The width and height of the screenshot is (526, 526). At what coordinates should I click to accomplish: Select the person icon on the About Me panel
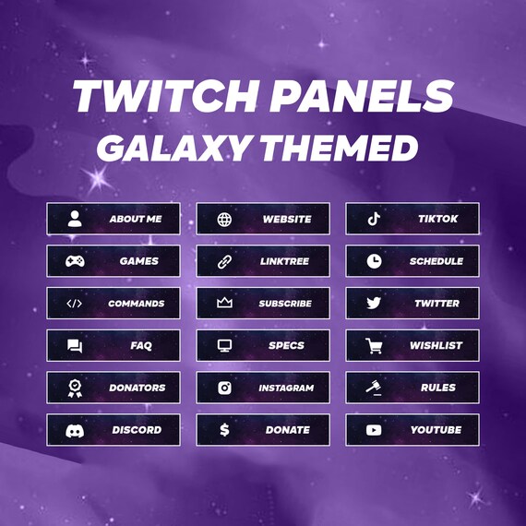point(75,219)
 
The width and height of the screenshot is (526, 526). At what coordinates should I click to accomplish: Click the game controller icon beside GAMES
point(75,261)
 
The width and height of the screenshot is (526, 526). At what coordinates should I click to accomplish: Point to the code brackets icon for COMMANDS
point(75,304)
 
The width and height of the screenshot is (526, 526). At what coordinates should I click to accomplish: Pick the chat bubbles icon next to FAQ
point(75,346)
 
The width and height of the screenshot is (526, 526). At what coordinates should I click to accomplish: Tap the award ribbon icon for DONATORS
point(75,389)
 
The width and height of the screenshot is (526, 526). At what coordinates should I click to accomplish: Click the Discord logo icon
point(75,430)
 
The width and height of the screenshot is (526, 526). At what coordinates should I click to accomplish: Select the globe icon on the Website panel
point(224,220)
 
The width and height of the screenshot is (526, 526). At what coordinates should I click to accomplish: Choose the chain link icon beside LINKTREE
point(224,261)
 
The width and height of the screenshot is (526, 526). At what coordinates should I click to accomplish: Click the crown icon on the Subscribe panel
point(224,304)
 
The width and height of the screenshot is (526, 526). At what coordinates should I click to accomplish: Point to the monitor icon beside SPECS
point(224,346)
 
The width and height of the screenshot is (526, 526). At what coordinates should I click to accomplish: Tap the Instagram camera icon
point(224,389)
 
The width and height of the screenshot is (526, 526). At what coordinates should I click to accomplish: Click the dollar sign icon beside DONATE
point(224,430)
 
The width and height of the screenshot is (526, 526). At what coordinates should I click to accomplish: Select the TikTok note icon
point(373,219)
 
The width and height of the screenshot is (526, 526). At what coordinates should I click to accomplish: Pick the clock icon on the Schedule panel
point(373,261)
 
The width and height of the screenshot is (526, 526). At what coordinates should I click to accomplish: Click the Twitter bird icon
point(373,304)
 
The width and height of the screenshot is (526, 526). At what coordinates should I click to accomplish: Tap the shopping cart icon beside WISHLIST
point(373,346)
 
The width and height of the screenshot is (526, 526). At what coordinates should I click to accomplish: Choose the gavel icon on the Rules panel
point(373,389)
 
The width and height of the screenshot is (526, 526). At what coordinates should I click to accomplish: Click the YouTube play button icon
point(373,430)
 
